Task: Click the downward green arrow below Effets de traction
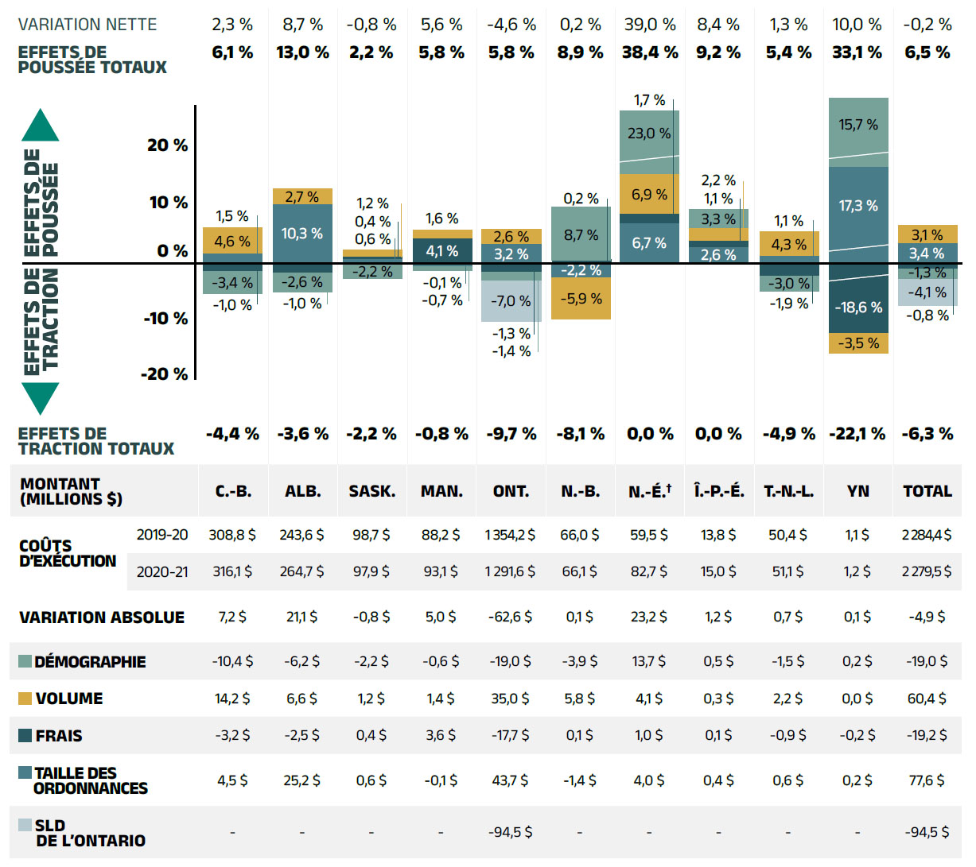click(41, 397)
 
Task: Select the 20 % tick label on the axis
click(167, 145)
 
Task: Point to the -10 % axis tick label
click(165, 319)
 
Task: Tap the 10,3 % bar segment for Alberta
click(302, 234)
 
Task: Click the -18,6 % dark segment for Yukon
click(858, 307)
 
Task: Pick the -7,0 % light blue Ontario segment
click(510, 301)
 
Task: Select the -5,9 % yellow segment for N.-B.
click(581, 299)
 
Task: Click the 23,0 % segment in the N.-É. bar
click(649, 134)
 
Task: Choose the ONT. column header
click(511, 491)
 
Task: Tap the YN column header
click(857, 491)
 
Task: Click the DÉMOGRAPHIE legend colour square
click(25, 662)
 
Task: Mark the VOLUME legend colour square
click(25, 699)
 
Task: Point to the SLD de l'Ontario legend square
click(25, 826)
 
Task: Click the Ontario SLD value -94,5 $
click(510, 832)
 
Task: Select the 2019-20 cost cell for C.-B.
click(232, 535)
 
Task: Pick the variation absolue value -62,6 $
click(510, 617)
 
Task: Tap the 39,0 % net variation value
click(650, 25)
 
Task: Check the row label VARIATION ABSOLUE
click(102, 617)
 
